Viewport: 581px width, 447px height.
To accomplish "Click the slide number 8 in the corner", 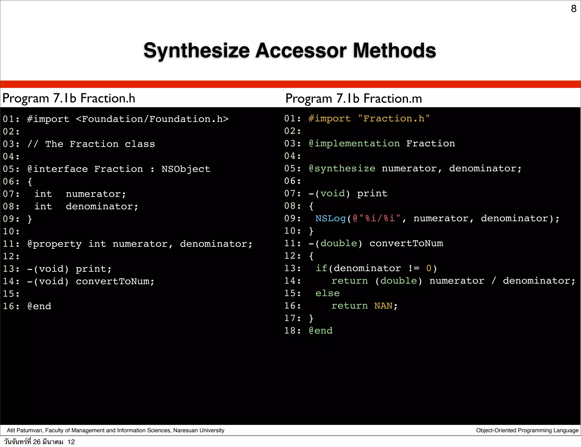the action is tap(573, 9).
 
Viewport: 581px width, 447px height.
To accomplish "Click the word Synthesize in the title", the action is tap(197, 50).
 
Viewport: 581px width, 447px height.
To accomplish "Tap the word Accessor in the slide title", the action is tap(301, 50).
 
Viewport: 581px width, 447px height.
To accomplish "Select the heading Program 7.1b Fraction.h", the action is tap(69, 98).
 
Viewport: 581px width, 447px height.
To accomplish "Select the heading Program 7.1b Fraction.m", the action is tap(353, 99).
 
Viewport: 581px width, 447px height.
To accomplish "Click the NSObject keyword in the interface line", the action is tap(186, 169).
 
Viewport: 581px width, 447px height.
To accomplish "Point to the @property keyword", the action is tap(54, 244).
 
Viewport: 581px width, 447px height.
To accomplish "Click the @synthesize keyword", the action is tap(342, 168).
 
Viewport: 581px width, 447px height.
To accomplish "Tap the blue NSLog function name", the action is tap(331, 218).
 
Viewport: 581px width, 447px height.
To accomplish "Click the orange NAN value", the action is tap(383, 306).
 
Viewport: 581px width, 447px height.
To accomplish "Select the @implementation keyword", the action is tap(354, 144).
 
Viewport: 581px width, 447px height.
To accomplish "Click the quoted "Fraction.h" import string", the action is tap(394, 119).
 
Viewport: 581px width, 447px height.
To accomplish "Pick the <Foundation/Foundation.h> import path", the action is tap(152, 119).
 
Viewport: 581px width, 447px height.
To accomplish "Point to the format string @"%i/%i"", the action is tap(376, 218).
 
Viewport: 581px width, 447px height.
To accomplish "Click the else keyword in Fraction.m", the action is tap(327, 293).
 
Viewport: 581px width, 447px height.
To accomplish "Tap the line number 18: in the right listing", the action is tap(292, 331).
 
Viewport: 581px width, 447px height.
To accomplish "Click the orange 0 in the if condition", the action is tap(429, 268).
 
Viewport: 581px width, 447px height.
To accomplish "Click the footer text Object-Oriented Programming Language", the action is tap(527, 430).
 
